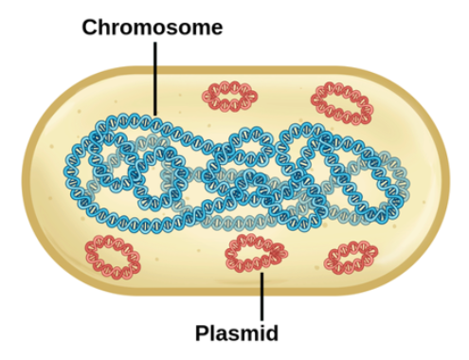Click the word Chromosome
(x=152, y=27)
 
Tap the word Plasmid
(x=236, y=333)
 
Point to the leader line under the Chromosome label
(x=155, y=76)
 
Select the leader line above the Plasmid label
(x=262, y=298)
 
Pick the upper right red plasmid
(x=342, y=101)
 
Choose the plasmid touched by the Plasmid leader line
(x=255, y=255)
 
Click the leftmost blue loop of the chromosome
(x=100, y=165)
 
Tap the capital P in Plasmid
(x=202, y=333)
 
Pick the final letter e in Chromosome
(x=216, y=28)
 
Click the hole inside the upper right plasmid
(x=342, y=101)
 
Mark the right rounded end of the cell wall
(x=435, y=180)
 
